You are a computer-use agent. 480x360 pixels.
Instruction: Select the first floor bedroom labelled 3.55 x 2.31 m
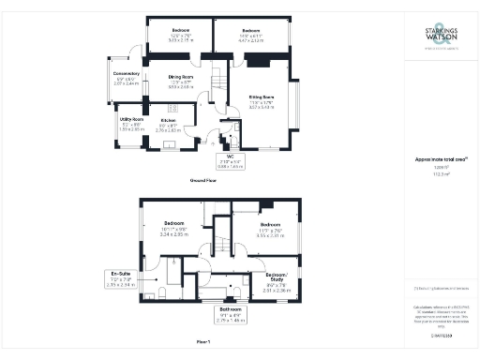(270, 230)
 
